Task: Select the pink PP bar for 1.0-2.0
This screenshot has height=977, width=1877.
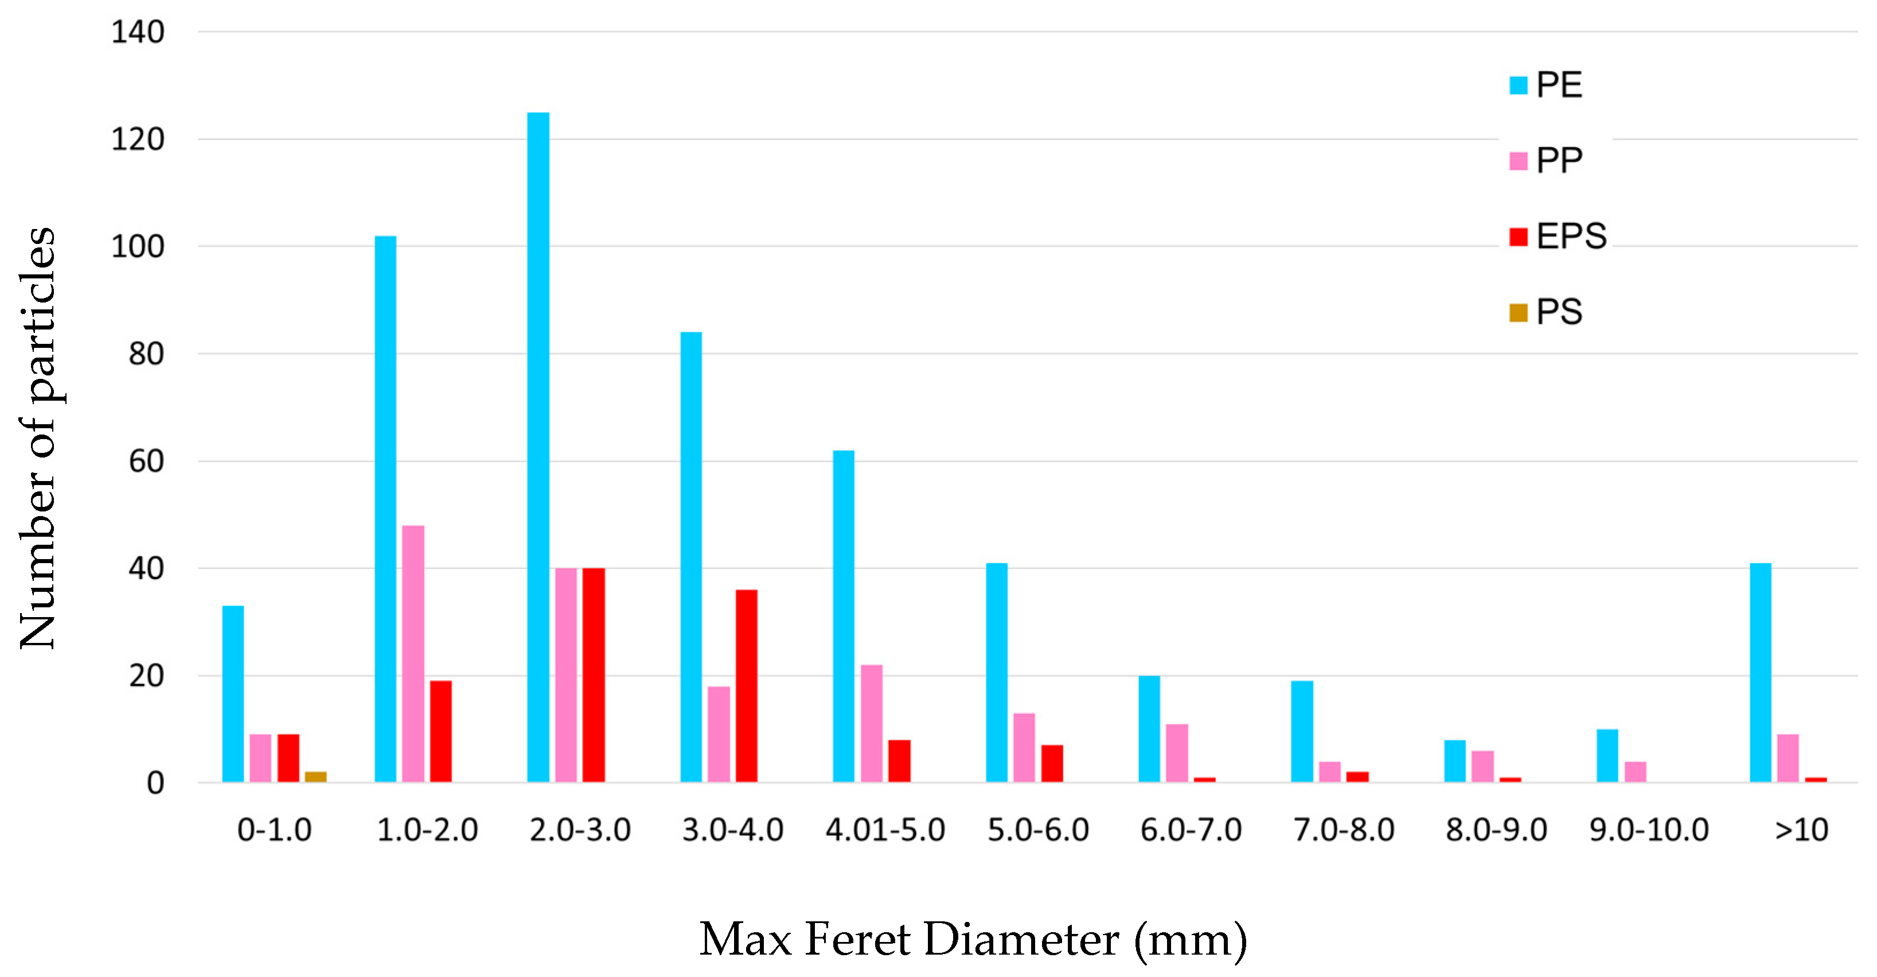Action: pyautogui.click(x=412, y=654)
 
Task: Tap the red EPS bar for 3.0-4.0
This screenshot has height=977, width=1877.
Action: pyautogui.click(x=746, y=685)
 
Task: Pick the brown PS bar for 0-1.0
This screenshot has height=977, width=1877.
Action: pyautogui.click(x=315, y=777)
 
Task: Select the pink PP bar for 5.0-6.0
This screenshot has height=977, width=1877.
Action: pyautogui.click(x=1024, y=747)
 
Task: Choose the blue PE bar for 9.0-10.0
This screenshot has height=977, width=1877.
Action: pyautogui.click(x=1607, y=755)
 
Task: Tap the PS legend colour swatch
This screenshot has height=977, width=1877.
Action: pyautogui.click(x=1518, y=313)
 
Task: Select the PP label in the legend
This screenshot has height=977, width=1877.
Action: pyautogui.click(x=1559, y=160)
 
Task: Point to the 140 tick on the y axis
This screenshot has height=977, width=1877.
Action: pyautogui.click(x=138, y=32)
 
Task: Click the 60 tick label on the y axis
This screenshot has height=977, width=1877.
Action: pyautogui.click(x=146, y=462)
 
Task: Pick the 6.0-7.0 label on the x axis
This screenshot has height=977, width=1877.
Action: pyautogui.click(x=1191, y=829)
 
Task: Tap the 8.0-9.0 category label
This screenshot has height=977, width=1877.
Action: pyautogui.click(x=1496, y=829)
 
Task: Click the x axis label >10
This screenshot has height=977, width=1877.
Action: pyautogui.click(x=1801, y=829)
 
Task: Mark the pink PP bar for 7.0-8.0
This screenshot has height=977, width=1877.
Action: pyautogui.click(x=1329, y=771)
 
